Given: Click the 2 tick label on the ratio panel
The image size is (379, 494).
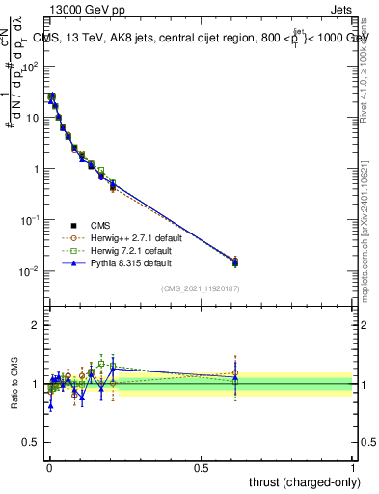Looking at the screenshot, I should [x=36, y=325].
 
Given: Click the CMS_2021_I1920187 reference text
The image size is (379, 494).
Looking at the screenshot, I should [x=200, y=288].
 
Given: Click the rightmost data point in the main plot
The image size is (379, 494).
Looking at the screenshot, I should [x=235, y=261].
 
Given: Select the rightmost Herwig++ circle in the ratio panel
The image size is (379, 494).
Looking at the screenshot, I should [x=235, y=372].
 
